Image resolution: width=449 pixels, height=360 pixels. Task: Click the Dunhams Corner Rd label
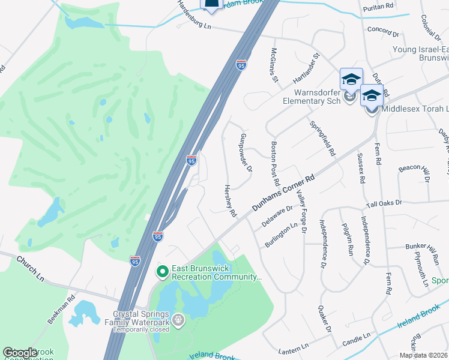click(284, 194)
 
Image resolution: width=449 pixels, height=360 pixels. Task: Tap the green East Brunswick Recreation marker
click(161, 272)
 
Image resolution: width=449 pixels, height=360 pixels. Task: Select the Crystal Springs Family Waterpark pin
click(178, 321)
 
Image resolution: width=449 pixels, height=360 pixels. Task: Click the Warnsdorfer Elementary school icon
click(351, 80)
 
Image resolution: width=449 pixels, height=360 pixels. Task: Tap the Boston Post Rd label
click(275, 163)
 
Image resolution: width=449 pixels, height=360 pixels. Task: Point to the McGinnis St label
click(274, 65)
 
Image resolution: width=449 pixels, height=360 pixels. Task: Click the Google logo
click(20, 353)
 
